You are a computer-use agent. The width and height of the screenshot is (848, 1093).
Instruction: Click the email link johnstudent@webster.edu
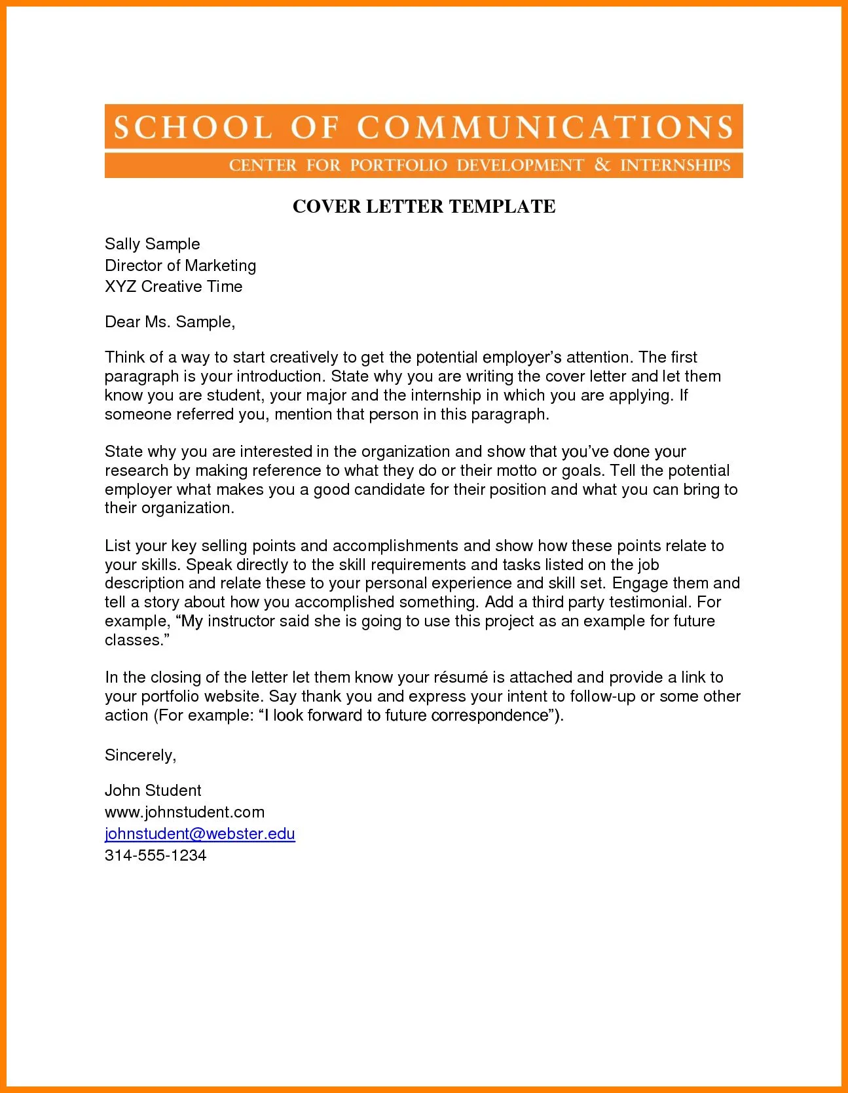pyautogui.click(x=200, y=834)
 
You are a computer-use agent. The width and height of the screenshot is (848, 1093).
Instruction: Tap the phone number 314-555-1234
pyautogui.click(x=155, y=855)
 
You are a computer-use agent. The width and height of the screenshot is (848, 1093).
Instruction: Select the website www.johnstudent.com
pyautogui.click(x=185, y=812)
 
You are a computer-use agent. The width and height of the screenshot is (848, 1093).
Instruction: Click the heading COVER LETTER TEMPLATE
pyautogui.click(x=424, y=207)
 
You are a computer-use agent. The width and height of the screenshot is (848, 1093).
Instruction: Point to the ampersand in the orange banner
pyautogui.click(x=602, y=164)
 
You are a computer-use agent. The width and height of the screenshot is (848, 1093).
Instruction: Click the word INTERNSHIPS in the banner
pyautogui.click(x=675, y=165)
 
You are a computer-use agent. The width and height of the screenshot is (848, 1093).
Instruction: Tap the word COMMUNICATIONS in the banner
pyautogui.click(x=545, y=127)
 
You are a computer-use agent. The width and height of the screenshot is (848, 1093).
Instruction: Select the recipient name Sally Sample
pyautogui.click(x=152, y=244)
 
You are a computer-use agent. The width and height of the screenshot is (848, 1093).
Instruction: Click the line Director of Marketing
pyautogui.click(x=180, y=266)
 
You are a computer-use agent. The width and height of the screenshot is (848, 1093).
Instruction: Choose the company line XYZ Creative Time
pyautogui.click(x=174, y=287)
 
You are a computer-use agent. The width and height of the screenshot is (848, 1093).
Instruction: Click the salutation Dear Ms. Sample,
pyautogui.click(x=170, y=322)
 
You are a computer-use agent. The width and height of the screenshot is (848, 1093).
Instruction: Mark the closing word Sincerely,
pyautogui.click(x=140, y=755)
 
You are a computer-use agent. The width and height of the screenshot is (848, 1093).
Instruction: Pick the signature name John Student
pyautogui.click(x=153, y=791)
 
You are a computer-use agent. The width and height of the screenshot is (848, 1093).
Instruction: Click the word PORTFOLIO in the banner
pyautogui.click(x=398, y=165)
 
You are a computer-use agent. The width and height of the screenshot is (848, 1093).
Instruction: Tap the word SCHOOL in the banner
pyautogui.click(x=193, y=127)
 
